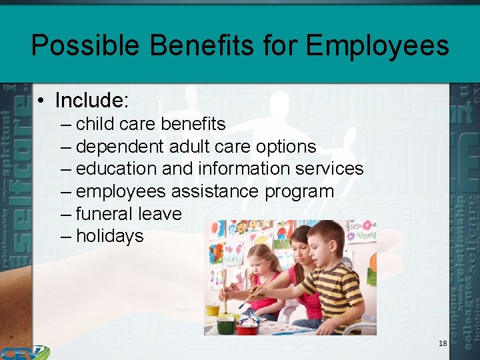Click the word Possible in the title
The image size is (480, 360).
[85, 45]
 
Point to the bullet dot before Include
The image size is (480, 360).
[41, 101]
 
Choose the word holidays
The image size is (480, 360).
[109, 236]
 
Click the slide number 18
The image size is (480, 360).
[443, 343]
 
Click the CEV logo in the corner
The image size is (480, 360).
[24, 352]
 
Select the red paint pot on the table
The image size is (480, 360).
[247, 327]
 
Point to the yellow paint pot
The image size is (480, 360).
[213, 309]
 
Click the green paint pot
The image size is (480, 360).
[225, 325]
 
